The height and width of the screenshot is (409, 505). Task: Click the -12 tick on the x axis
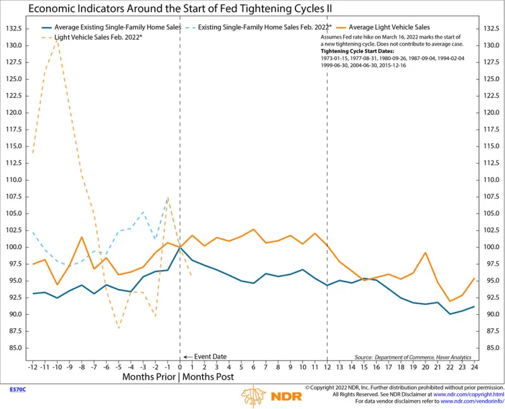(x=33, y=366)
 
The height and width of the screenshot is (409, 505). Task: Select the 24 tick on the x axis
(x=474, y=366)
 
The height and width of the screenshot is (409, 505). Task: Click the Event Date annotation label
(x=210, y=357)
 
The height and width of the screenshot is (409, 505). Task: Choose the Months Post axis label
(x=207, y=377)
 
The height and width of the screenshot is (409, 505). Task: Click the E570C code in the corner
(x=17, y=389)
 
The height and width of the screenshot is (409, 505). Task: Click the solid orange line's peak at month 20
(x=426, y=253)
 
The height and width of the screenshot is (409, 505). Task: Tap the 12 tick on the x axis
(x=327, y=366)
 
